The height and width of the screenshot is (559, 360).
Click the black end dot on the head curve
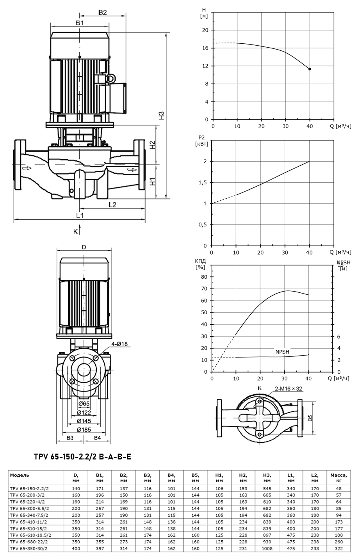point(310,69)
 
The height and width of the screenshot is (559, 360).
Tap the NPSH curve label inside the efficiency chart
point(282,352)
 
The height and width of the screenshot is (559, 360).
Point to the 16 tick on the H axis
point(205,48)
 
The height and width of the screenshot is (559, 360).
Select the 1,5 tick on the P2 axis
point(203,183)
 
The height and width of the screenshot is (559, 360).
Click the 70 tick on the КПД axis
point(204,289)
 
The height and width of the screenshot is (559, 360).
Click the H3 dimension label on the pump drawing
point(162,115)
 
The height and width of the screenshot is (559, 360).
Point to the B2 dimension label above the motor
point(102,12)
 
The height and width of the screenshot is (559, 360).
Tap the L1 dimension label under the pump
point(80,215)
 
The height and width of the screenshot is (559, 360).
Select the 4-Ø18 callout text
point(119,344)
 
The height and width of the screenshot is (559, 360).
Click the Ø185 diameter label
point(84,430)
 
